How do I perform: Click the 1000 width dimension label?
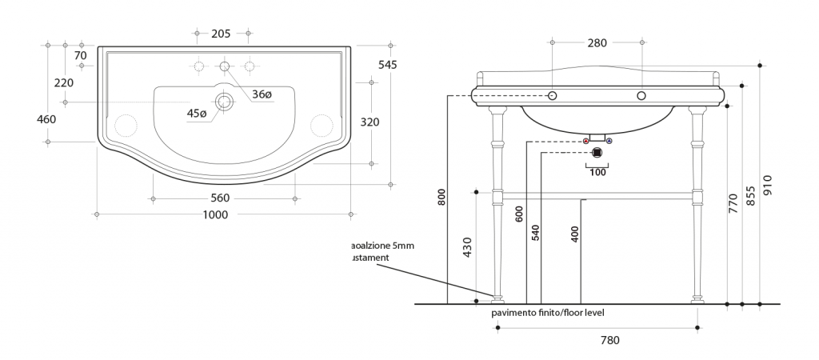click(x=215, y=214)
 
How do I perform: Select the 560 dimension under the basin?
click(x=220, y=198)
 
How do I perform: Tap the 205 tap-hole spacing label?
click(x=222, y=34)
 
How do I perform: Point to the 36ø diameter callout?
click(x=262, y=94)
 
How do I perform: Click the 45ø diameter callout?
click(x=197, y=114)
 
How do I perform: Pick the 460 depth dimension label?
click(x=47, y=119)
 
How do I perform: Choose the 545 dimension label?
click(x=387, y=64)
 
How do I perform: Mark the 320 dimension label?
click(x=370, y=122)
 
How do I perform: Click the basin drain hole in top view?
click(x=225, y=102)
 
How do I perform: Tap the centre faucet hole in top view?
click(x=225, y=66)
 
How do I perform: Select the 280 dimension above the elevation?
click(x=597, y=43)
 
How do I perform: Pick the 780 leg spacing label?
click(x=610, y=340)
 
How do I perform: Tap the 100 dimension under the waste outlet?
click(x=597, y=172)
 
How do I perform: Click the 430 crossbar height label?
click(x=467, y=247)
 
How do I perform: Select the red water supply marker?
click(x=586, y=142)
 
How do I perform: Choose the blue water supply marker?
click(x=609, y=142)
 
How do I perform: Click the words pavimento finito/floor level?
click(x=548, y=313)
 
